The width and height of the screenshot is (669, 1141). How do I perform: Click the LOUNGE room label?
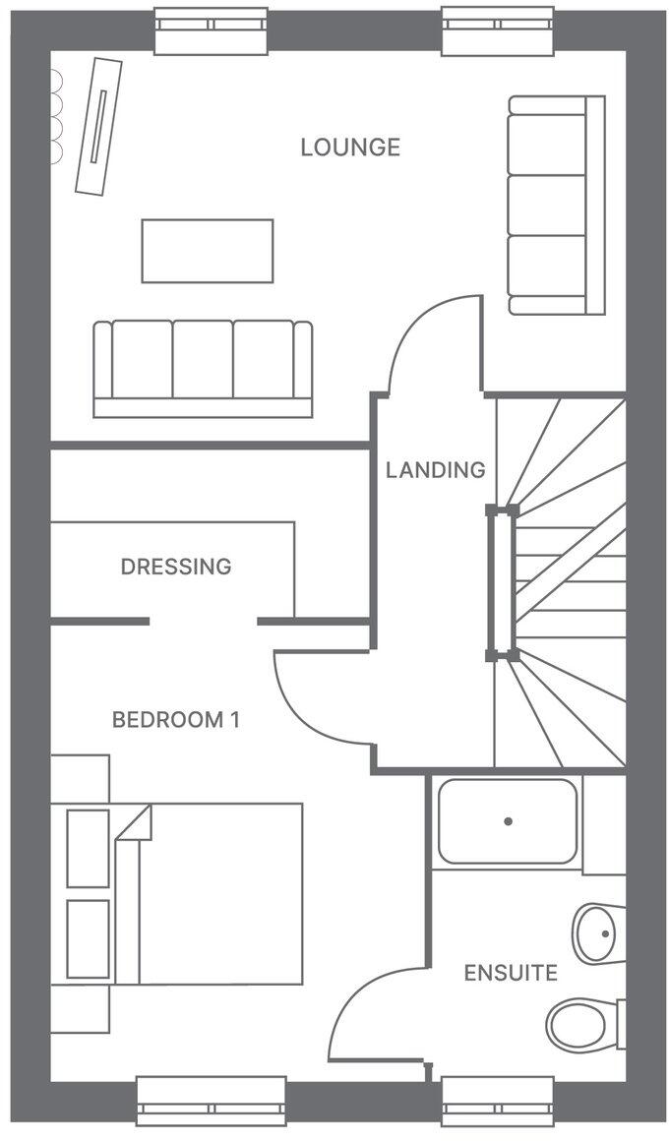[x=350, y=148]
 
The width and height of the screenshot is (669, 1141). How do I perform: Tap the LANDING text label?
[x=435, y=470]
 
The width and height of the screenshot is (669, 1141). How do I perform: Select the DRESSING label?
[x=176, y=567]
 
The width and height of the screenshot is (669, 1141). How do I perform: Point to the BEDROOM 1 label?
[x=176, y=719]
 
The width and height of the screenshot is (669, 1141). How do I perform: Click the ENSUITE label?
[x=511, y=974]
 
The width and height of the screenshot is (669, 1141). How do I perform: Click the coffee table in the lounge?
[x=207, y=251]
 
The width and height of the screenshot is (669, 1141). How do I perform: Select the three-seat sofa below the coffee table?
[x=203, y=367]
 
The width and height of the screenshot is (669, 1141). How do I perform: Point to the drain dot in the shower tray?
[x=509, y=820]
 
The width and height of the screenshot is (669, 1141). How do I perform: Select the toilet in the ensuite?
[x=583, y=1024]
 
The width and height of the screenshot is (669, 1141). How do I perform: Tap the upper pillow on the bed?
[x=88, y=847]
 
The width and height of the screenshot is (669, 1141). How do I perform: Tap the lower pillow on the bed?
[x=88, y=938]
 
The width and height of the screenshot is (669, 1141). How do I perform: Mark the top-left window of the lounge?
[x=212, y=30]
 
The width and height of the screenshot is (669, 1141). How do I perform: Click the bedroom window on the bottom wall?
[x=212, y=1101]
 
